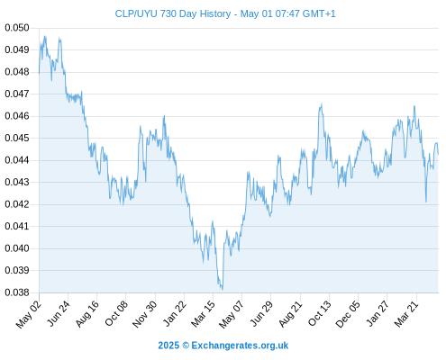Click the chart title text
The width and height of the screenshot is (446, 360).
click(225, 13)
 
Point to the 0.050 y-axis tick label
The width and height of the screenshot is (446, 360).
click(17, 28)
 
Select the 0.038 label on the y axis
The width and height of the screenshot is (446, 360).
click(17, 292)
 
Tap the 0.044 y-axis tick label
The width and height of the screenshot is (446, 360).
click(17, 160)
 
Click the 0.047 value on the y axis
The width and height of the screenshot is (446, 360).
click(17, 94)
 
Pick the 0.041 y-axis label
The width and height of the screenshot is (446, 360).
click(17, 226)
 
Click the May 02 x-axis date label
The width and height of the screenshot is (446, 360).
click(29, 314)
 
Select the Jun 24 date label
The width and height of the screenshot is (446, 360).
click(59, 313)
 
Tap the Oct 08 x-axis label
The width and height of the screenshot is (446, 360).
click(116, 313)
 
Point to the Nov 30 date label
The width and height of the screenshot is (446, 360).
click(144, 314)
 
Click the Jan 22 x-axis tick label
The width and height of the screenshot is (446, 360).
click(175, 313)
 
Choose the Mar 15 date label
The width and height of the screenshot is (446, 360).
click(204, 313)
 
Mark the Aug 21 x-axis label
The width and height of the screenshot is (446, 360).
click(290, 313)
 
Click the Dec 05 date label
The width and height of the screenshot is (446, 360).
click(348, 314)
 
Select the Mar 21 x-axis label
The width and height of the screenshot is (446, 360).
click(406, 313)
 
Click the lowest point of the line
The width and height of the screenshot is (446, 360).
click(223, 289)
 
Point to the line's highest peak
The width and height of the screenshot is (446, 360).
click(45, 36)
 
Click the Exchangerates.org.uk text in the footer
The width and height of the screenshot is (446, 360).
click(240, 346)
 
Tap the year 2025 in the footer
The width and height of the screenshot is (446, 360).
click(168, 346)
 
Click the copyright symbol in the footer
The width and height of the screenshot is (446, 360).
click(186, 346)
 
